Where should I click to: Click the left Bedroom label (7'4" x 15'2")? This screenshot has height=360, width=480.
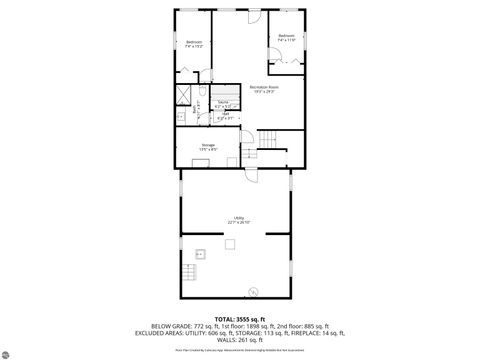click(194, 43)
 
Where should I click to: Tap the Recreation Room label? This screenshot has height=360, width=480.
click(264, 89)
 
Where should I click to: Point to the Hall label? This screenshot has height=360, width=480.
click(225, 114)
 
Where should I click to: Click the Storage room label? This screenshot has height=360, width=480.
click(207, 147)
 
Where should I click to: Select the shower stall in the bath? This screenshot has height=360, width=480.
click(185, 96)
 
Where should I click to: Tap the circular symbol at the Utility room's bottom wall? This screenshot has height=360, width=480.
click(253, 291)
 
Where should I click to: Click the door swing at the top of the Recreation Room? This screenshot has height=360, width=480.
click(253, 16)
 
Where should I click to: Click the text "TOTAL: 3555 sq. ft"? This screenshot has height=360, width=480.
click(240, 318)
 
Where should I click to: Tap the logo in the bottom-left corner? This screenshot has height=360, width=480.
click(11, 351)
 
